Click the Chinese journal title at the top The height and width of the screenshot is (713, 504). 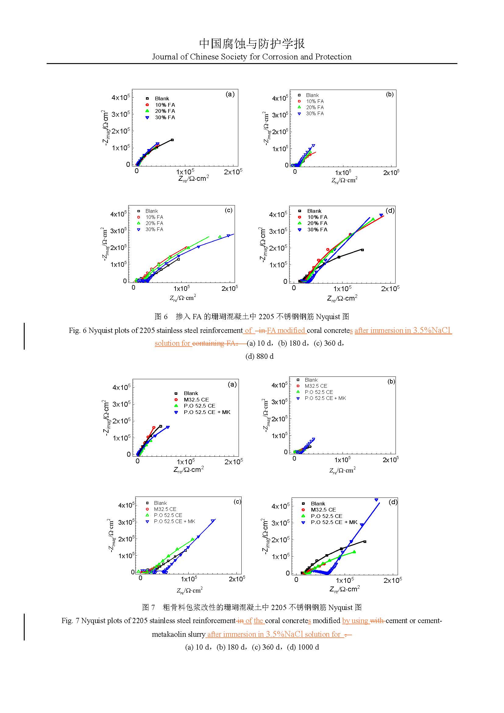252,44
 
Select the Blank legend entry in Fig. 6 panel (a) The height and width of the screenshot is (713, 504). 162,98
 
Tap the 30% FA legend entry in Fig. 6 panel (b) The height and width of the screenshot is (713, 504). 315,114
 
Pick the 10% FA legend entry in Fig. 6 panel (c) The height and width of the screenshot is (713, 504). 154,217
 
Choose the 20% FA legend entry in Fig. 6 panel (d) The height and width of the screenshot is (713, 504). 317,223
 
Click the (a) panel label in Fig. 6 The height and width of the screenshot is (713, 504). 230,94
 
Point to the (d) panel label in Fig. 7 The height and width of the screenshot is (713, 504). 393,502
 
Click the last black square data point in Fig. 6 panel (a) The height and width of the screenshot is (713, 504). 172,140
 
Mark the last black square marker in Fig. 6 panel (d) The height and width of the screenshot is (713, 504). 362,250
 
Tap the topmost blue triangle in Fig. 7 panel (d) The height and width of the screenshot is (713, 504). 376,500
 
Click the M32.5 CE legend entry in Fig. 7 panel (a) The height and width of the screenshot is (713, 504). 196,400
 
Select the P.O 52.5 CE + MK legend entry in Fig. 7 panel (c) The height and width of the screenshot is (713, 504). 174,521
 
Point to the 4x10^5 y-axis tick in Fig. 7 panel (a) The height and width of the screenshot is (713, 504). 121,387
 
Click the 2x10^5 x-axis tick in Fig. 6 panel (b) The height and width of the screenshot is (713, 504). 391,173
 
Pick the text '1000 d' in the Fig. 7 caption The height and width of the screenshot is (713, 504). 308,647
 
